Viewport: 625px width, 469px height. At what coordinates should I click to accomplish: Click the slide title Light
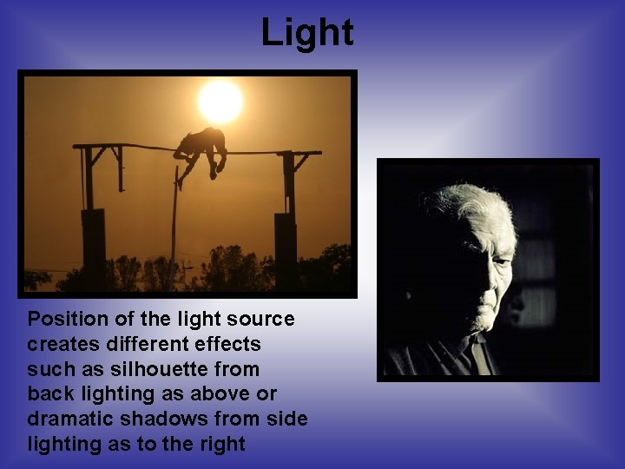(x=307, y=33)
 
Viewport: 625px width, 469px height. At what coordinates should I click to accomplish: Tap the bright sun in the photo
(x=220, y=102)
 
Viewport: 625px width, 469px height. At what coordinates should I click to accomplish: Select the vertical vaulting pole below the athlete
(x=174, y=226)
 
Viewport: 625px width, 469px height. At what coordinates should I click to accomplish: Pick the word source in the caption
(x=262, y=320)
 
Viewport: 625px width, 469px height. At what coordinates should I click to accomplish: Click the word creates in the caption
(x=60, y=344)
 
